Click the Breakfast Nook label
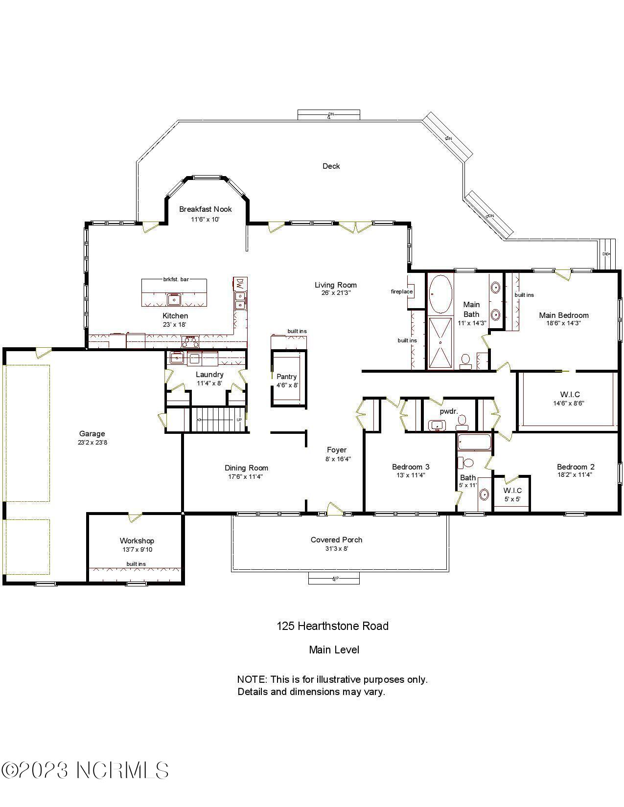pos(205,209)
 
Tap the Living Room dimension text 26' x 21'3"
pos(336,293)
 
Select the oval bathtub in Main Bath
pos(440,294)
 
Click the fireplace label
pos(401,292)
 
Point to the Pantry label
pos(286,377)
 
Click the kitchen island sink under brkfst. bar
pos(174,299)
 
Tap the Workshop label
pos(137,540)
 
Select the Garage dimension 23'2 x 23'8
pos(92,443)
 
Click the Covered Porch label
pos(336,540)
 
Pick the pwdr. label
pos(449,411)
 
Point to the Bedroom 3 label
pos(411,467)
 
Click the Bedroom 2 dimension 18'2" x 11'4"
pos(575,474)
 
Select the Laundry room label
pos(209,375)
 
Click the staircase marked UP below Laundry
pos(218,420)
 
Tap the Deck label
pos(331,166)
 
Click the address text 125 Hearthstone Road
pos(332,626)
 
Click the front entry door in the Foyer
pos(335,509)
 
